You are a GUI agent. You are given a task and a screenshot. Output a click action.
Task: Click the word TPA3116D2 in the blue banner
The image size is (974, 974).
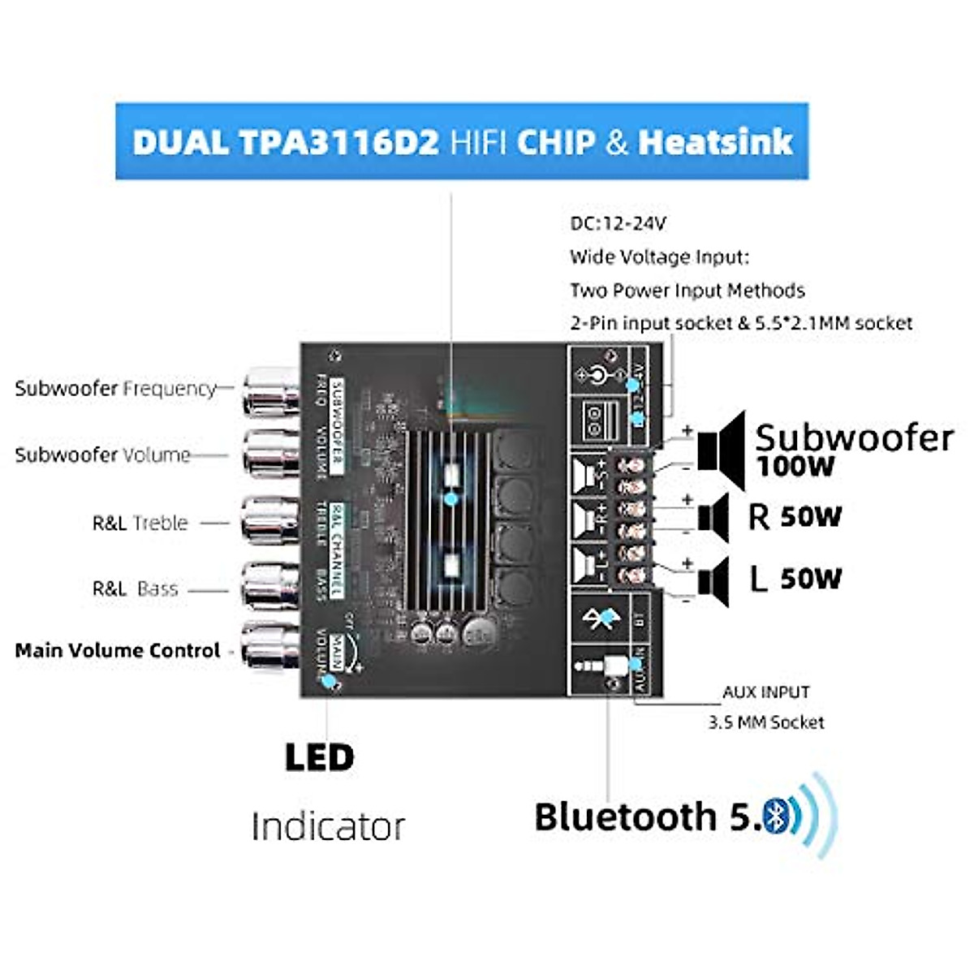tap(338, 142)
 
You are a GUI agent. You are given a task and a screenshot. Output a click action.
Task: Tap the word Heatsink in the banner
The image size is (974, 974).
tap(715, 142)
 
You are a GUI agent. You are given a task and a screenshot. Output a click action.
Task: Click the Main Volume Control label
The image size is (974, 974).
tap(118, 650)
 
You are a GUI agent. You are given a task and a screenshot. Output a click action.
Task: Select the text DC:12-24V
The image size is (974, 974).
tap(618, 223)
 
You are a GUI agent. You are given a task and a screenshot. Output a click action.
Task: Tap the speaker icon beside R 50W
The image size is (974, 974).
tap(714, 515)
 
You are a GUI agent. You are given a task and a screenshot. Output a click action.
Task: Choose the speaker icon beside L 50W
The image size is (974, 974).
tap(714, 580)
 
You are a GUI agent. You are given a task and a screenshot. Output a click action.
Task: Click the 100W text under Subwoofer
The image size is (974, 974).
tap(795, 467)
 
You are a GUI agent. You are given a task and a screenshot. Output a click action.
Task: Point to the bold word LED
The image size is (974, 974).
tap(319, 757)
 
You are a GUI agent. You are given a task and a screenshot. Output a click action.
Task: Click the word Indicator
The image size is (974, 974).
tap(328, 827)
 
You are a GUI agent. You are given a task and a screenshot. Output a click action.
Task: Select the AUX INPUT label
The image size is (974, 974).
tap(765, 692)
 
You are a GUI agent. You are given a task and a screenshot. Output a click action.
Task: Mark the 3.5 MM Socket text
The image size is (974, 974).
tap(765, 722)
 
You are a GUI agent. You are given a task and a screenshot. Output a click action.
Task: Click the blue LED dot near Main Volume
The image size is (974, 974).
tap(328, 681)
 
